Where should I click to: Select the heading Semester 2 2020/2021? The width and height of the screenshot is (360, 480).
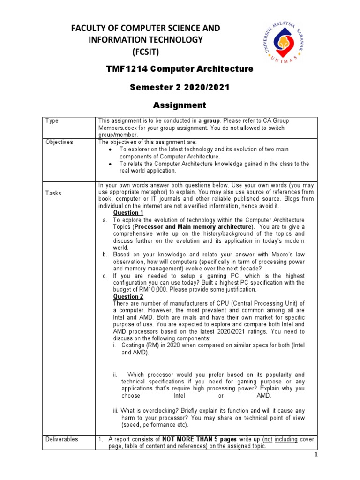point(180,87)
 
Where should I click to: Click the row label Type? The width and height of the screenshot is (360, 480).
point(52,121)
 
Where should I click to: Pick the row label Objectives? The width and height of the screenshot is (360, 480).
point(59,142)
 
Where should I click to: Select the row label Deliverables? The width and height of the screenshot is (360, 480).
point(62,439)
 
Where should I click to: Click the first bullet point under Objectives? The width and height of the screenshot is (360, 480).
point(109,150)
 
